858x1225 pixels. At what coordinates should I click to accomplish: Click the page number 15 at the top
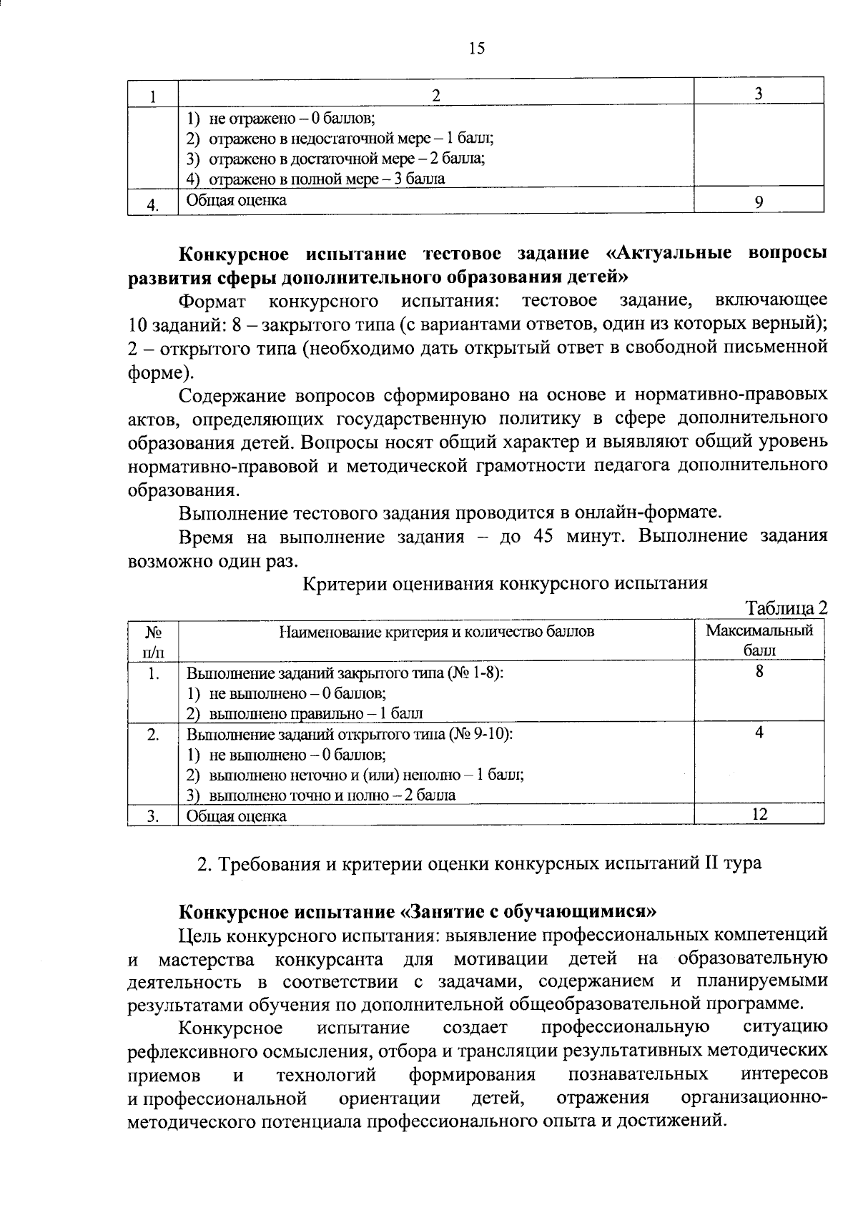click(x=476, y=48)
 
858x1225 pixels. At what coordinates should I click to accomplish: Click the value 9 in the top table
click(x=758, y=202)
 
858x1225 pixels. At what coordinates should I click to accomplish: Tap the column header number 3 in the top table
click(x=759, y=94)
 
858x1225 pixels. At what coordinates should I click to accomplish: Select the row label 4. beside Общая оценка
click(x=152, y=205)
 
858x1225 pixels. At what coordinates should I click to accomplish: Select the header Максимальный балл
click(x=759, y=640)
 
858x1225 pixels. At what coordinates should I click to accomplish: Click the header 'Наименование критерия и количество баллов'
click(x=436, y=632)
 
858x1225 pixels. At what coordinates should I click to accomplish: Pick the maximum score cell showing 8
click(x=759, y=671)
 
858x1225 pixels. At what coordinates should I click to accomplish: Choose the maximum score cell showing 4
click(x=759, y=733)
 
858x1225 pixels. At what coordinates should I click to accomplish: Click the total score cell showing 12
click(x=759, y=813)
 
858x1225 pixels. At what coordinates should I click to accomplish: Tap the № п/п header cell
click(x=152, y=640)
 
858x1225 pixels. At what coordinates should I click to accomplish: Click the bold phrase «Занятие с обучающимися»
click(x=528, y=912)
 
